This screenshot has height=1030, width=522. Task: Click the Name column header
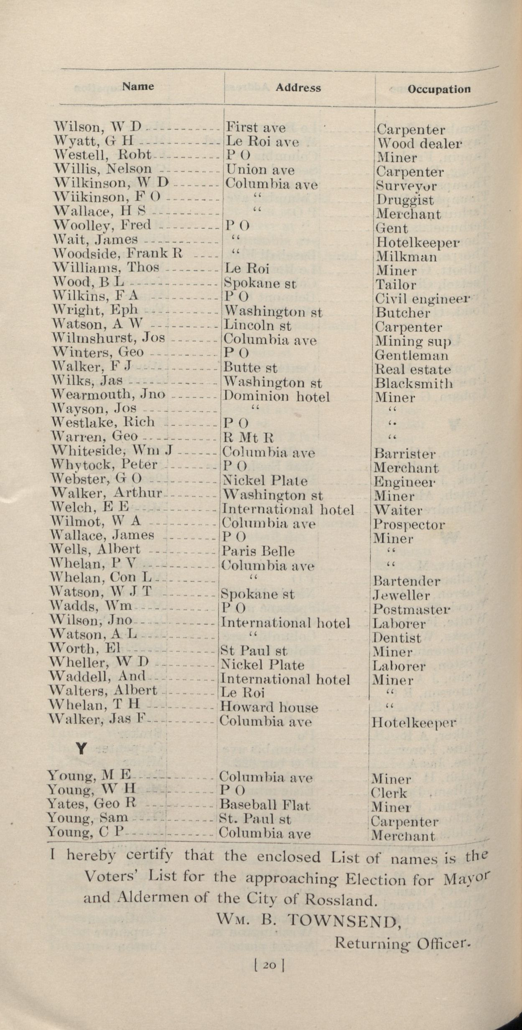(138, 86)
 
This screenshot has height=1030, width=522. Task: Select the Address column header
(298, 88)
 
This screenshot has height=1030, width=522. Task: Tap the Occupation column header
(439, 89)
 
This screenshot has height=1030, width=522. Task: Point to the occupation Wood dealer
(419, 144)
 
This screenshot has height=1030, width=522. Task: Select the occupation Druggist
(405, 200)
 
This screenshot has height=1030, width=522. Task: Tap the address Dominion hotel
(276, 397)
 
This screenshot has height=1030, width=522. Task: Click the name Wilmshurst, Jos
(108, 338)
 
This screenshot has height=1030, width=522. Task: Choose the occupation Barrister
(405, 454)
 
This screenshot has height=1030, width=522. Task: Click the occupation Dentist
(397, 638)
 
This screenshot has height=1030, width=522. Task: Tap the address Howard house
(269, 707)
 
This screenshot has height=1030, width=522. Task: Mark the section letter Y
(81, 750)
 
